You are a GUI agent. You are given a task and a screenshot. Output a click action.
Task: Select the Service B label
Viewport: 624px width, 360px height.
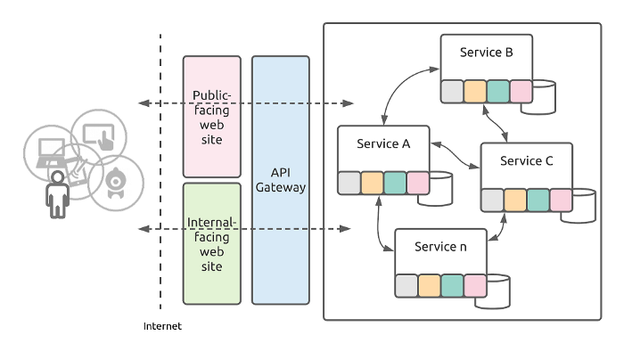click(486, 53)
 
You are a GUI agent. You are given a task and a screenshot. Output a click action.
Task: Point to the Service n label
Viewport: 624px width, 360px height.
click(440, 247)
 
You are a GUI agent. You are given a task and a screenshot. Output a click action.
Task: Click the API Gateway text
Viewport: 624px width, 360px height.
click(281, 179)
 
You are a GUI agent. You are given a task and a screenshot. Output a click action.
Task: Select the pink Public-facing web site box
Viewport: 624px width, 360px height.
click(212, 116)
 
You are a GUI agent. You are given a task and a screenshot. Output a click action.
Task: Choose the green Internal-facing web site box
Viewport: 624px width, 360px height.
click(212, 242)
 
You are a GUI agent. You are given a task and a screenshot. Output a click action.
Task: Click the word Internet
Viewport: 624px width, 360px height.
click(162, 326)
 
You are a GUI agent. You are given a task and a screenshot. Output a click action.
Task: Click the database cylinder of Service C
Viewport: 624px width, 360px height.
click(585, 204)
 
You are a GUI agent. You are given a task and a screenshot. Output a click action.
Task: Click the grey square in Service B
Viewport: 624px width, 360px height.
click(452, 92)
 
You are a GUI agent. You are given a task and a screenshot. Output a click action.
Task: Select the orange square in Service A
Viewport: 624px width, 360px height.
click(372, 183)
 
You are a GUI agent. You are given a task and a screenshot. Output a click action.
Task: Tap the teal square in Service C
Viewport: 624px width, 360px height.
click(538, 200)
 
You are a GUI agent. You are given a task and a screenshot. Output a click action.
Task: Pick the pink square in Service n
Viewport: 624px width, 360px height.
click(475, 285)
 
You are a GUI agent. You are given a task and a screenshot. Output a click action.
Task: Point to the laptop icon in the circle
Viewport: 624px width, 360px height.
click(49, 153)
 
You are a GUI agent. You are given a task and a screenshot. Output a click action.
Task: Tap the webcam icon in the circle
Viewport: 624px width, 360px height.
click(116, 181)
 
